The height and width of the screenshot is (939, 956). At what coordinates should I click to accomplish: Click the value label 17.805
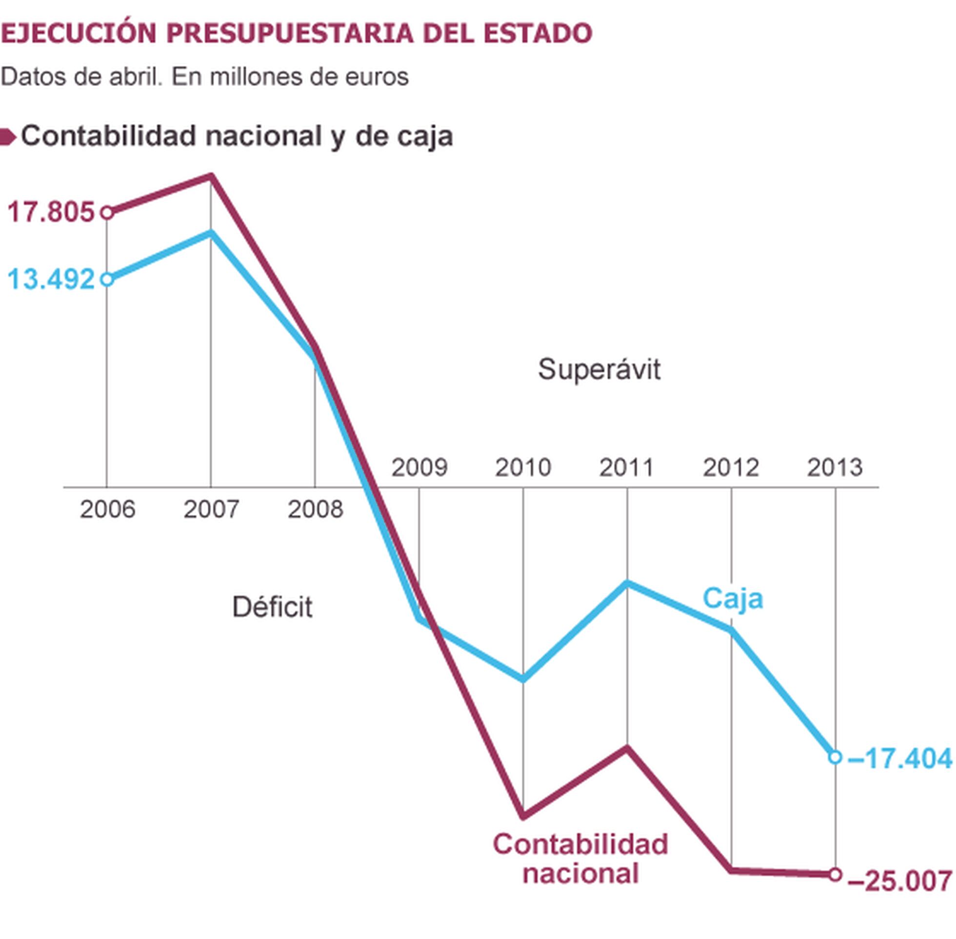[x=51, y=213]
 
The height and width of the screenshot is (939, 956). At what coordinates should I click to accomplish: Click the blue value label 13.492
[x=51, y=280]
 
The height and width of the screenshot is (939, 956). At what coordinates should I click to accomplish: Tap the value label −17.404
[x=899, y=759]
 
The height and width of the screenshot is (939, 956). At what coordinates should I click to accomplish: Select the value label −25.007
[x=899, y=881]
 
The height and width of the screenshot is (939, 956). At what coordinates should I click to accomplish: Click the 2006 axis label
[x=107, y=509]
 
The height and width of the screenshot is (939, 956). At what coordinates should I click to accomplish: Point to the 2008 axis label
[x=315, y=509]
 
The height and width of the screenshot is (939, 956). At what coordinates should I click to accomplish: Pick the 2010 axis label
[x=522, y=467]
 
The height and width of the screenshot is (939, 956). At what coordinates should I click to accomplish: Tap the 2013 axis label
[x=834, y=467]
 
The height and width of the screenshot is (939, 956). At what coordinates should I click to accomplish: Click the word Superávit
[x=598, y=369]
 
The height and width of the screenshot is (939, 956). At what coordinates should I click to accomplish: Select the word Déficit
[x=272, y=607]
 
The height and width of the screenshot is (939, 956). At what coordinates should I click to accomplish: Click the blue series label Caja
[x=732, y=599]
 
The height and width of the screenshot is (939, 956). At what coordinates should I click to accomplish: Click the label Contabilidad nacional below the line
[x=580, y=859]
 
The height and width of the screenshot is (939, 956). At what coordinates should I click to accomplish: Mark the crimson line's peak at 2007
[x=211, y=177]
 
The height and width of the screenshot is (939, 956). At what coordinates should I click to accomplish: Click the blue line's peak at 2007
[x=211, y=233]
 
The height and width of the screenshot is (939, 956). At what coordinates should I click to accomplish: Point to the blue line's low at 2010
[x=523, y=679]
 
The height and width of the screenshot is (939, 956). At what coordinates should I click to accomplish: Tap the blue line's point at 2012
[x=731, y=630]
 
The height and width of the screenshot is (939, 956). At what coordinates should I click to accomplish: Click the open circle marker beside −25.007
[x=835, y=875]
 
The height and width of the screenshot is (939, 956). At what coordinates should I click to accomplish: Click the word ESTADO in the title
[x=538, y=34]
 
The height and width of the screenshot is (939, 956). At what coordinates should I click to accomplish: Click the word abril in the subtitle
[x=136, y=77]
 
